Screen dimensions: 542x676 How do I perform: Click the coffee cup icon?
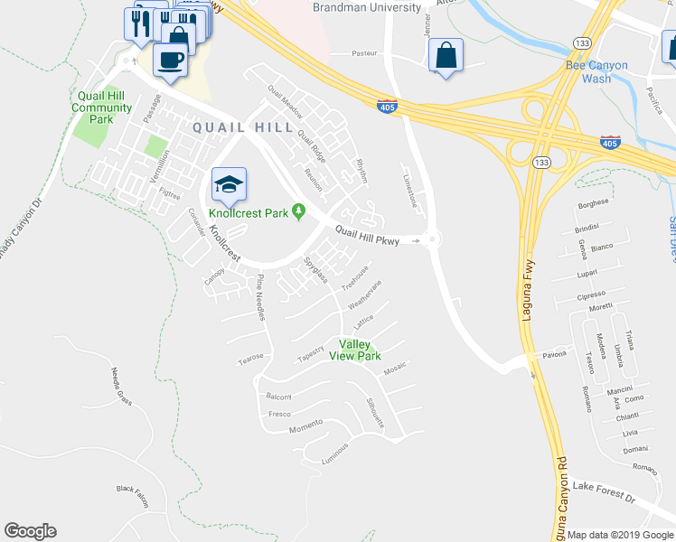(170, 61)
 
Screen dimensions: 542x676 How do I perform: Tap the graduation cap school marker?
(230, 185)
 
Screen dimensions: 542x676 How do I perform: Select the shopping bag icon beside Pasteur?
(446, 56)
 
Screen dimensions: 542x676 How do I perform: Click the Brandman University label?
(367, 7)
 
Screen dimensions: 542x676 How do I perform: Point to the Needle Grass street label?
(121, 385)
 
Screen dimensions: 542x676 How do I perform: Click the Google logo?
(30, 531)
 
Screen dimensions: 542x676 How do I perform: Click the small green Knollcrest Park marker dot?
(303, 213)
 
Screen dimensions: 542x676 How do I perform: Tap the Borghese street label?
(593, 205)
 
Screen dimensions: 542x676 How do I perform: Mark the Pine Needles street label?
(261, 297)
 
